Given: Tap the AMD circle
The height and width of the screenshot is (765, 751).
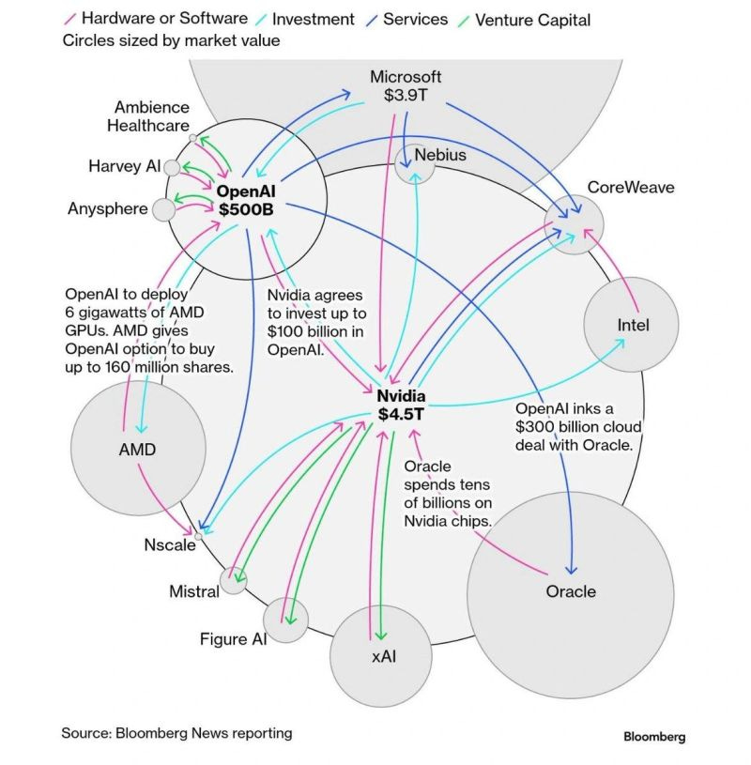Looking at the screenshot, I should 137,450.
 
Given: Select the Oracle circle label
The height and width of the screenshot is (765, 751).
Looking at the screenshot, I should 571,591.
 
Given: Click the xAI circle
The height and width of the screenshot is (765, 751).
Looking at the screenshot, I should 382,656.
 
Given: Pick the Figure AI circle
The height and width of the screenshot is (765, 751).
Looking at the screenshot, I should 285,620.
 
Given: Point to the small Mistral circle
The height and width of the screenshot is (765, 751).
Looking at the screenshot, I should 233,581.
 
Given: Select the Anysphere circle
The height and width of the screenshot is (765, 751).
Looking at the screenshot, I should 163,209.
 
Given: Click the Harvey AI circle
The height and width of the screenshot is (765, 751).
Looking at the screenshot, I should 172,168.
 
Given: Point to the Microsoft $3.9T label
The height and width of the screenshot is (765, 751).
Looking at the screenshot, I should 405,85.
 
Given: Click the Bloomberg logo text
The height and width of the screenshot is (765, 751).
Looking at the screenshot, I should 654,736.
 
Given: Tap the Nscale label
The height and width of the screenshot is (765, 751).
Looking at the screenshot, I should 170,544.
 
